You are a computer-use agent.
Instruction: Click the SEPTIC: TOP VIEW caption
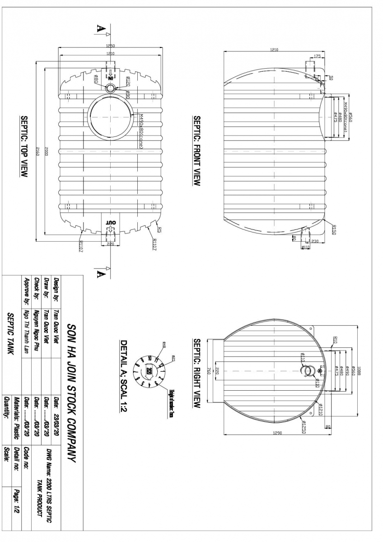click(x=23, y=146)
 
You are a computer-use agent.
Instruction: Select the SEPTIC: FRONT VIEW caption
click(x=197, y=151)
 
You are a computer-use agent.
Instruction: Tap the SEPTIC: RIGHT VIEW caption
click(x=197, y=374)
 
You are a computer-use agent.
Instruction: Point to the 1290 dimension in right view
click(x=278, y=433)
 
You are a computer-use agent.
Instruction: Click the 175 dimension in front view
click(x=317, y=56)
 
